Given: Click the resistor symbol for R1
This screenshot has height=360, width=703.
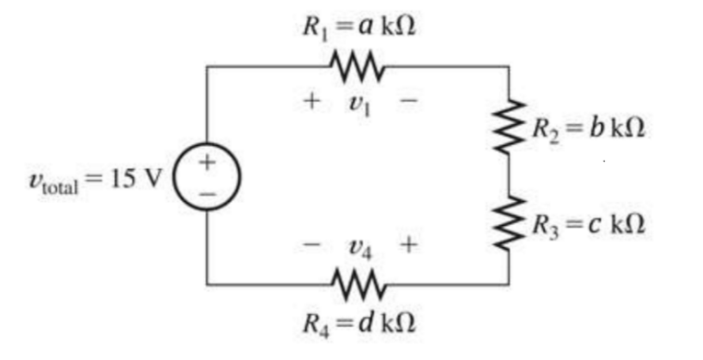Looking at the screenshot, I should click(357, 65).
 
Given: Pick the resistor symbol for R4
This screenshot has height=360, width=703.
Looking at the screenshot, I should click(357, 285).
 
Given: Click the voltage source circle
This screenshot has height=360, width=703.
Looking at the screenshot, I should click(206, 175).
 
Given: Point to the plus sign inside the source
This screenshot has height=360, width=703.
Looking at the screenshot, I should click(207, 163).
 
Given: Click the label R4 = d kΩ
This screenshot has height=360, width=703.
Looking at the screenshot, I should click(358, 323).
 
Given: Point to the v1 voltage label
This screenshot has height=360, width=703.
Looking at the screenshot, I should click(358, 100).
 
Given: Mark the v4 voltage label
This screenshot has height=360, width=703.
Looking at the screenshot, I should click(360, 246).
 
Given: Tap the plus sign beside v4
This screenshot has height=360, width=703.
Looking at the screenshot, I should click(408, 245).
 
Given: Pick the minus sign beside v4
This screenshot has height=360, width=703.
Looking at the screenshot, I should click(312, 245).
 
